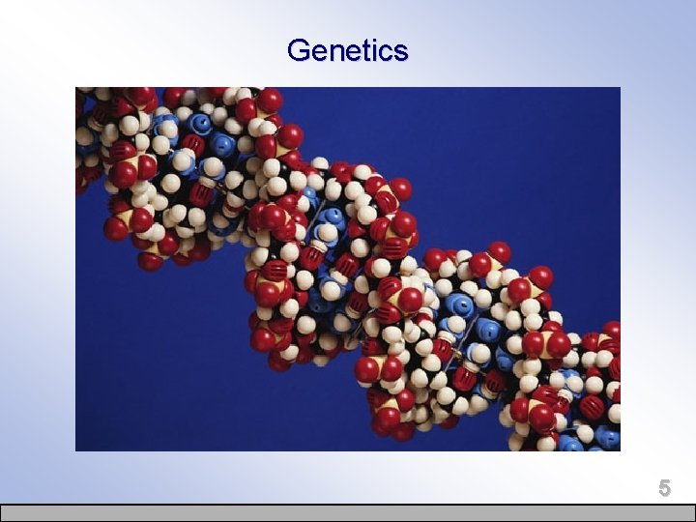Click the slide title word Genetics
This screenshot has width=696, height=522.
347,50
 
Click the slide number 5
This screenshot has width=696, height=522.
664,487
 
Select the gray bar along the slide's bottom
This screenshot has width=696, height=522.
348,512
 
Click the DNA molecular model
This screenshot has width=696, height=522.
367,280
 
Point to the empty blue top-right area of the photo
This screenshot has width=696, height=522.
522,145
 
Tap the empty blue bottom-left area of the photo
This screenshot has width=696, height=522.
155,387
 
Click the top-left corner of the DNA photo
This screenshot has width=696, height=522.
76,88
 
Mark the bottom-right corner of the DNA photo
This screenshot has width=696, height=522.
620,449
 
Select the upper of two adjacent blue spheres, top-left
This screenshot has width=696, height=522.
201,124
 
